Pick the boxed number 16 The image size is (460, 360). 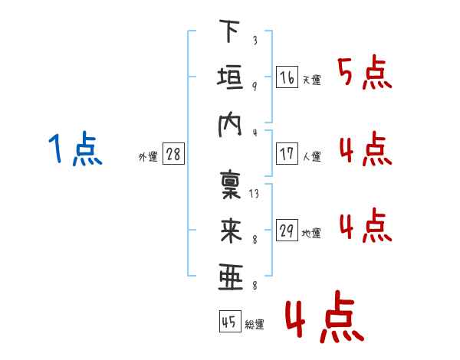[287, 77]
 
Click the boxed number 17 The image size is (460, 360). [287, 154]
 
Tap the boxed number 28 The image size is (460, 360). [173, 155]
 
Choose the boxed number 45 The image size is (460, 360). [228, 322]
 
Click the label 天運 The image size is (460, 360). [311, 80]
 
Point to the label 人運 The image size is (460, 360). [311, 157]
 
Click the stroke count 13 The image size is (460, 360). [254, 194]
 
